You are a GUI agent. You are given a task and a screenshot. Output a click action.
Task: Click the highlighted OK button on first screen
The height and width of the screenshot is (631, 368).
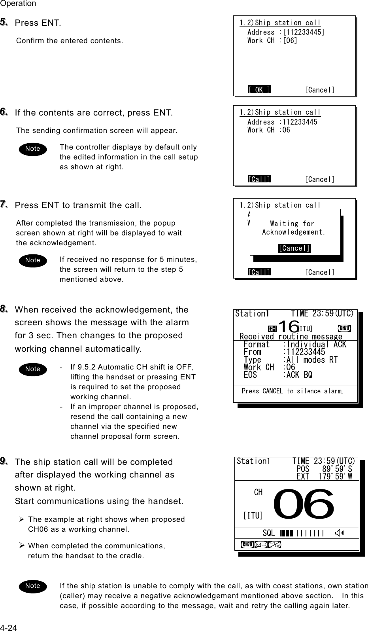pos(259,90)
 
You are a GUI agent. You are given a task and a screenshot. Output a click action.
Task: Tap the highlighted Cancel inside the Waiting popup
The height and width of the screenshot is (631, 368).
pos(294,248)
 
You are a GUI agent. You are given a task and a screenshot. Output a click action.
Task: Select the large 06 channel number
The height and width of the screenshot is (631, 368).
pos(304,504)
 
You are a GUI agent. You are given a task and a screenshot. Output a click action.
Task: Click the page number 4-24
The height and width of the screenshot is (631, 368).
pos(8,627)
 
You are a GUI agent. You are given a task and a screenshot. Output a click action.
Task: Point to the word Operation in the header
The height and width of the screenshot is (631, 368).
pos(18,4)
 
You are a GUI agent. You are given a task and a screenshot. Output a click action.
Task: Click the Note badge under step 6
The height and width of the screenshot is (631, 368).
pos(33,149)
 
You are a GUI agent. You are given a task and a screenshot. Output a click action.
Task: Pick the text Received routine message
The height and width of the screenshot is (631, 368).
pos(291,337)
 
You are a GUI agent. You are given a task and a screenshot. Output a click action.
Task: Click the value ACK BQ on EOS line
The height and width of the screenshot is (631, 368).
pos(299,375)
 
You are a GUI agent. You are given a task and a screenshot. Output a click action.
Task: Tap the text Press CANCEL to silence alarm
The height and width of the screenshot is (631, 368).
pos(292,391)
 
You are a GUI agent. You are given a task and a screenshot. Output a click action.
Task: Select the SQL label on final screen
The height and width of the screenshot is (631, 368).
pos(269,533)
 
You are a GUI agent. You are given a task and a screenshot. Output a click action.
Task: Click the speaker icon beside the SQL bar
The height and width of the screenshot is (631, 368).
pos(339,533)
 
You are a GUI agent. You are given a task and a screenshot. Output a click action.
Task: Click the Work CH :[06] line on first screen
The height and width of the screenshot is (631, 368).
pos(272,41)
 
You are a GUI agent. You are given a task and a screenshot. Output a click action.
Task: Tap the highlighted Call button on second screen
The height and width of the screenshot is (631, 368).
pos(259,179)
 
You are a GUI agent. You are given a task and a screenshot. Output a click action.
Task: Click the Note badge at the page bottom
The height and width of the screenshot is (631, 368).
pos(33,586)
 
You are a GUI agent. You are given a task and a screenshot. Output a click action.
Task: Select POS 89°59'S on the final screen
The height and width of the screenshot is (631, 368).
pos(324,469)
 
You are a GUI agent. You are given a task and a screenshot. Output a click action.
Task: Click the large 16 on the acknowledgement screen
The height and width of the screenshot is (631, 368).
pos(288,327)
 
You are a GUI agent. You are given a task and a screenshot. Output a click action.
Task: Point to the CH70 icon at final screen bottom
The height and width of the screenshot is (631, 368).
pos(247,544)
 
